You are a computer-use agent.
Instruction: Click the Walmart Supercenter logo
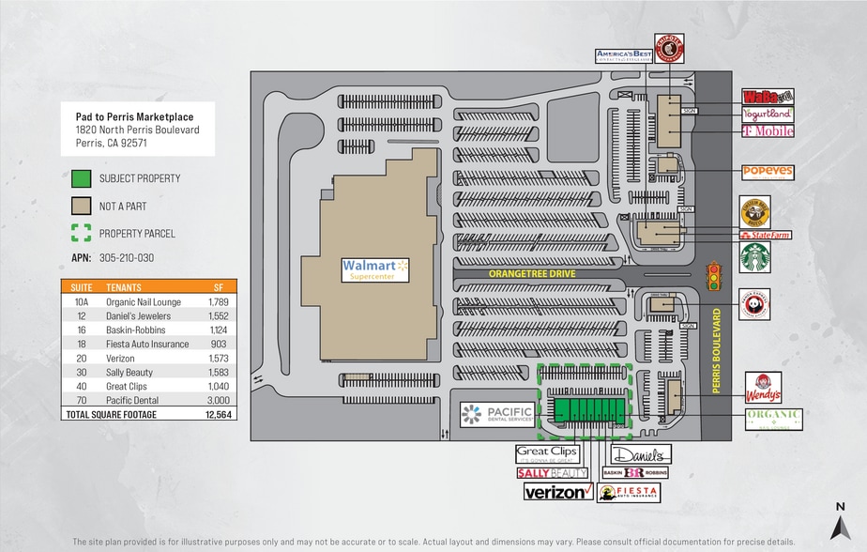(x=376, y=269)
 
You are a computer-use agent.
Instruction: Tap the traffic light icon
(x=714, y=276)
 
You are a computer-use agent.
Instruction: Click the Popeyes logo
(x=768, y=173)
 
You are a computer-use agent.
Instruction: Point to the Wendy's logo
(x=763, y=386)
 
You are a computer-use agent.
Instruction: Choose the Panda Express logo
(x=753, y=303)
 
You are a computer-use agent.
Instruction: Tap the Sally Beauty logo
(x=553, y=472)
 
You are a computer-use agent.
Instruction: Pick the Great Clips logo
(x=546, y=452)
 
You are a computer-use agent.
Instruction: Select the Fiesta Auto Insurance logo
(x=629, y=492)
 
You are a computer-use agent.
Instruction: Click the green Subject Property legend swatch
(x=81, y=177)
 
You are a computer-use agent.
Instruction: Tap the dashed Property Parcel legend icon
(x=81, y=233)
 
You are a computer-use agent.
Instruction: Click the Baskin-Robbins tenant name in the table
(x=136, y=330)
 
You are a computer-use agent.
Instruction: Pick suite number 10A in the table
(x=82, y=301)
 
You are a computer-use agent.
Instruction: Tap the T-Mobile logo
(x=768, y=131)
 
